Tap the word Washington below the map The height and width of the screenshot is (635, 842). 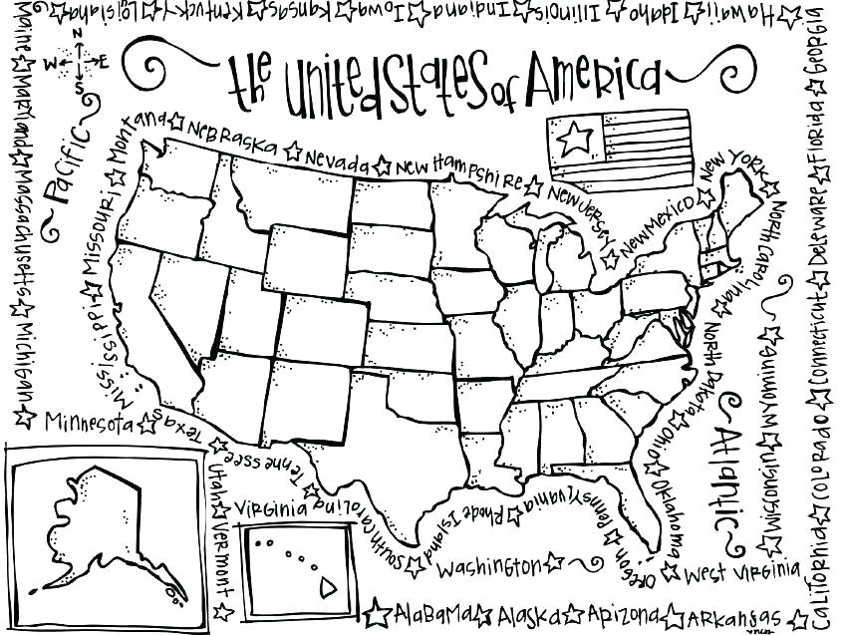tap(488, 567)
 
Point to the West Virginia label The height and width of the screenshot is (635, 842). tap(742, 572)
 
